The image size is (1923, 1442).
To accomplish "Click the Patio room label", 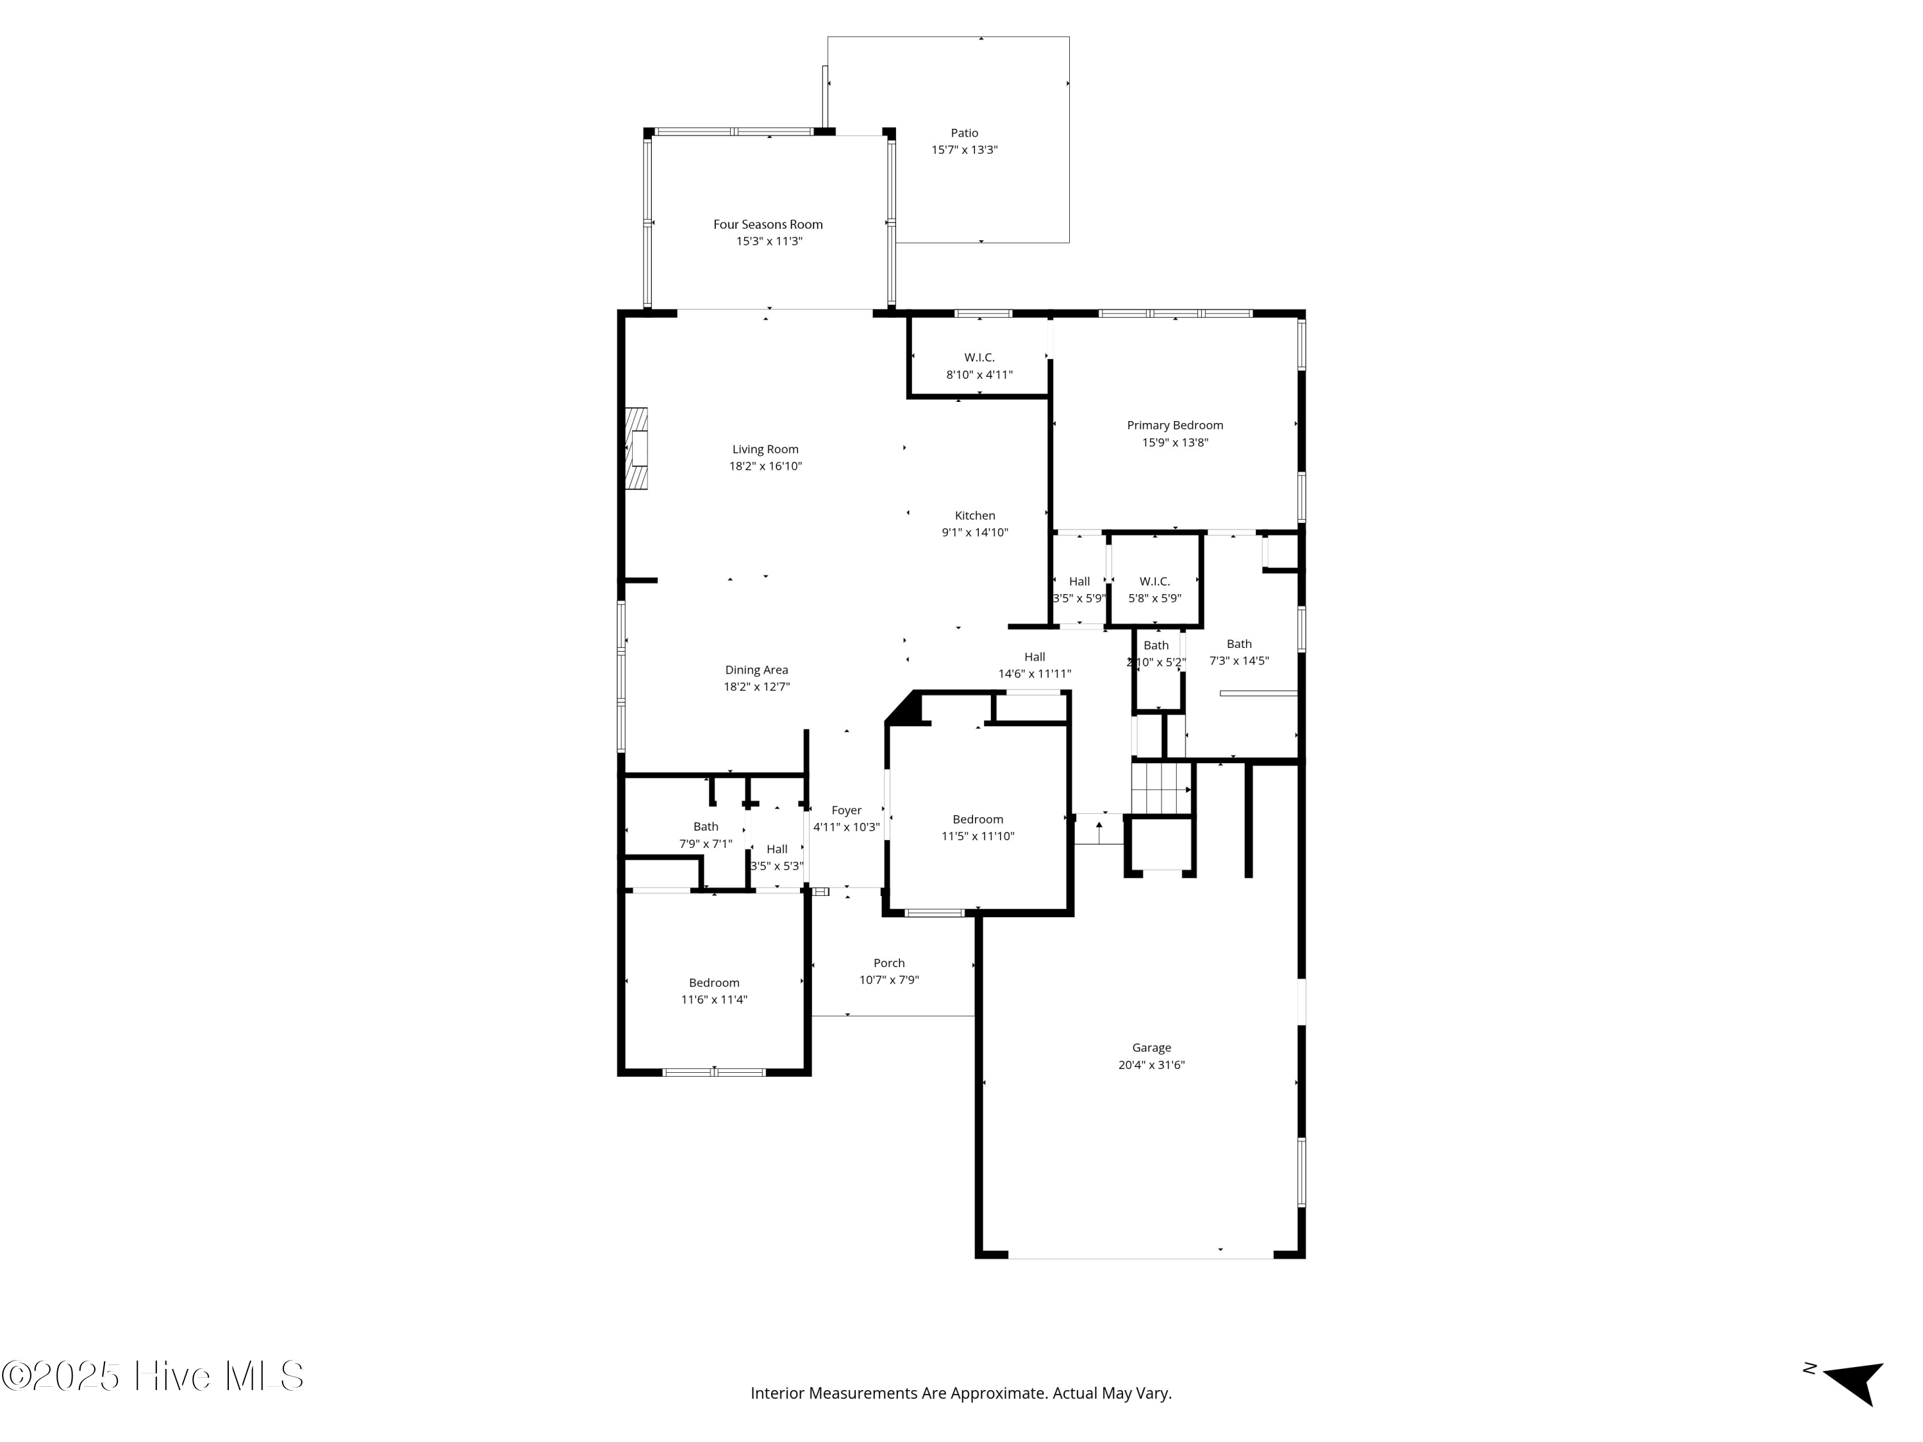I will click(x=964, y=133).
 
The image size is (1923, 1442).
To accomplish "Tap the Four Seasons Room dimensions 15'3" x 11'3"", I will click(x=769, y=241).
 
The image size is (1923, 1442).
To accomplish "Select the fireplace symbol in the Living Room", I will click(x=638, y=449).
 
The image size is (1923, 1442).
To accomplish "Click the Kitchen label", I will click(x=974, y=515).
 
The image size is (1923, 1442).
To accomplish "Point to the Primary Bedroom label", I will click(x=1174, y=425).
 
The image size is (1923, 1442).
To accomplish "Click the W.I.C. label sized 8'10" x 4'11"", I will click(x=979, y=357).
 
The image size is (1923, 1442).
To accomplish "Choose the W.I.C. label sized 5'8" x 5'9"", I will click(x=1154, y=581).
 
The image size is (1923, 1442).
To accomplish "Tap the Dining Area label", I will click(x=756, y=669).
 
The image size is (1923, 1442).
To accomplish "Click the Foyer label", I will click(x=846, y=810).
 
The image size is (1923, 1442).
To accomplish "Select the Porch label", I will click(x=888, y=963).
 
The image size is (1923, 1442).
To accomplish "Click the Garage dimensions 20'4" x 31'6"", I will click(x=1151, y=1065).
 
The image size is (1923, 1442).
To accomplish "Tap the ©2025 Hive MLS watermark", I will click(x=152, y=1376).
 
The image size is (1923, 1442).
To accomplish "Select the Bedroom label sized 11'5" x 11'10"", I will click(x=977, y=820).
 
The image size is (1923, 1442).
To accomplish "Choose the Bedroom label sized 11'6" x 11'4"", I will click(x=713, y=983).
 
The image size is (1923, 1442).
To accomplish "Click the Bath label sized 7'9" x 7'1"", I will click(x=705, y=827).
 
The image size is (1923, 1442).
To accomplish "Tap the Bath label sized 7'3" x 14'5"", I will click(x=1239, y=644).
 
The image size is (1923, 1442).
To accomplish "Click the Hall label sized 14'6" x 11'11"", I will click(x=1034, y=657).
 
